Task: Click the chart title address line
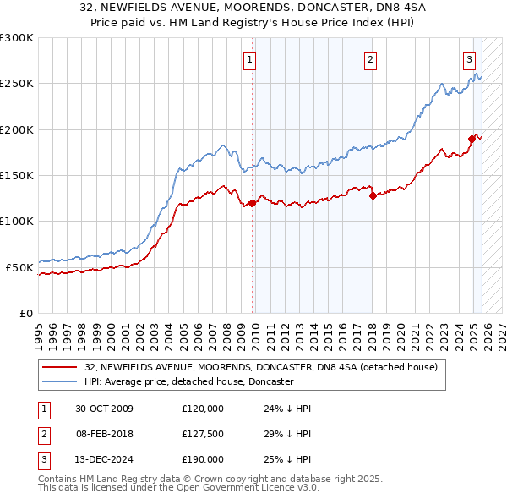[x=253, y=8]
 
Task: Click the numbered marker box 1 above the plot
[x=251, y=59]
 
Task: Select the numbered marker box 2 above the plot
[x=371, y=59]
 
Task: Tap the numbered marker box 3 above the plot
[x=469, y=59]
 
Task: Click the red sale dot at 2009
[x=252, y=203]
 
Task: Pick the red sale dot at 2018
[x=373, y=195]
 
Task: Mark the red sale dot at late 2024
[x=472, y=139]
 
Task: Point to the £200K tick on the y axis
[x=17, y=129]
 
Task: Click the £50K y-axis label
[x=19, y=267]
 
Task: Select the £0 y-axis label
[x=25, y=313]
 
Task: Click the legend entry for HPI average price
[x=188, y=382]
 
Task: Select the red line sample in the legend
[x=59, y=368]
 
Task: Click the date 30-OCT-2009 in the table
[x=104, y=409]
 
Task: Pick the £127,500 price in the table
[x=203, y=434]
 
